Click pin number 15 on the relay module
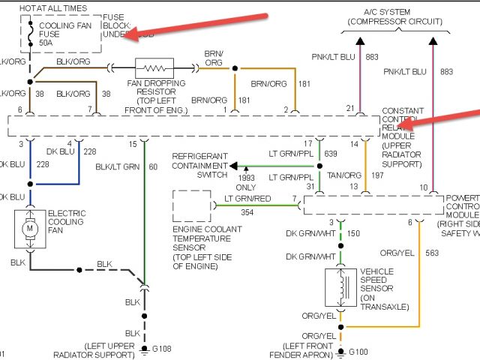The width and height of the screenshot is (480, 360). pyautogui.click(x=132, y=144)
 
